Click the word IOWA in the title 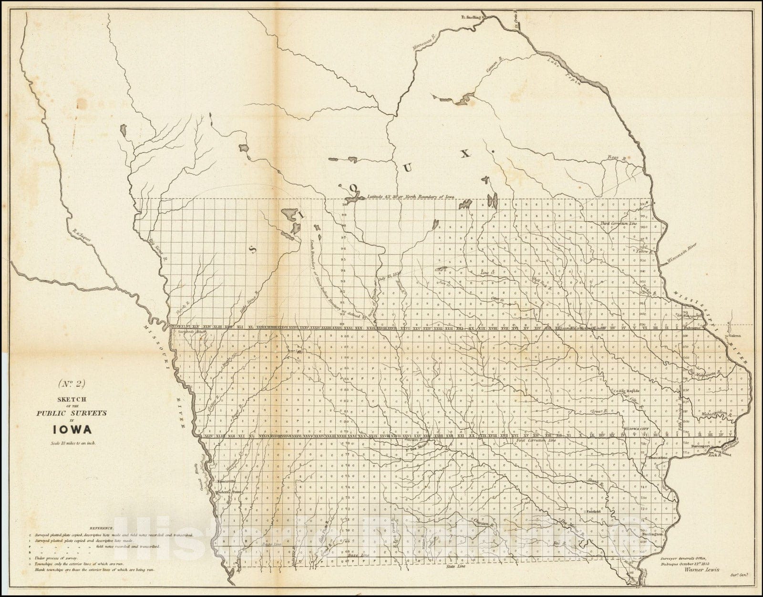pos(72,429)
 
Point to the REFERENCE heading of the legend pos(100,528)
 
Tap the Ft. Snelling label pos(472,17)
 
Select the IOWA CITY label pos(637,429)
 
